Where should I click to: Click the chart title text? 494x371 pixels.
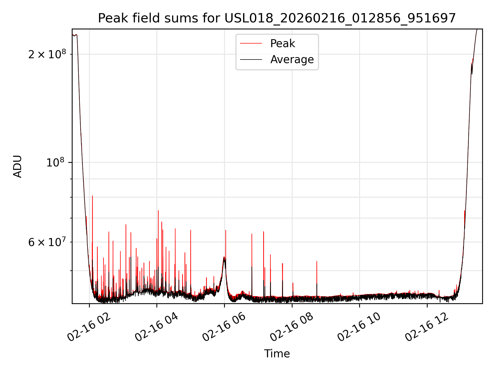point(277,18)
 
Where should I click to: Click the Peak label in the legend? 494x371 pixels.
point(283,44)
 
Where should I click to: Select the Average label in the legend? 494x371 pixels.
point(292,60)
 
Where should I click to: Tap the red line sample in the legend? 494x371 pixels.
point(251,44)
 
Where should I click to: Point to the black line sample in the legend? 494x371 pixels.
point(251,60)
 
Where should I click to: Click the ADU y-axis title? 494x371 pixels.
point(17,166)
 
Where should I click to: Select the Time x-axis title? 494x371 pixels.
point(277,354)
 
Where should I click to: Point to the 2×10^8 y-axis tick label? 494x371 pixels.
point(47,54)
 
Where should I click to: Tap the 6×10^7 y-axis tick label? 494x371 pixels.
point(47,242)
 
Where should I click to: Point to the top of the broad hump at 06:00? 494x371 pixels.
point(224,257)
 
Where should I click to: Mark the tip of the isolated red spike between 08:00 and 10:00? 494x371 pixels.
point(317,262)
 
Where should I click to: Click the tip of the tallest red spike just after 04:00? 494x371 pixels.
point(158,211)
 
